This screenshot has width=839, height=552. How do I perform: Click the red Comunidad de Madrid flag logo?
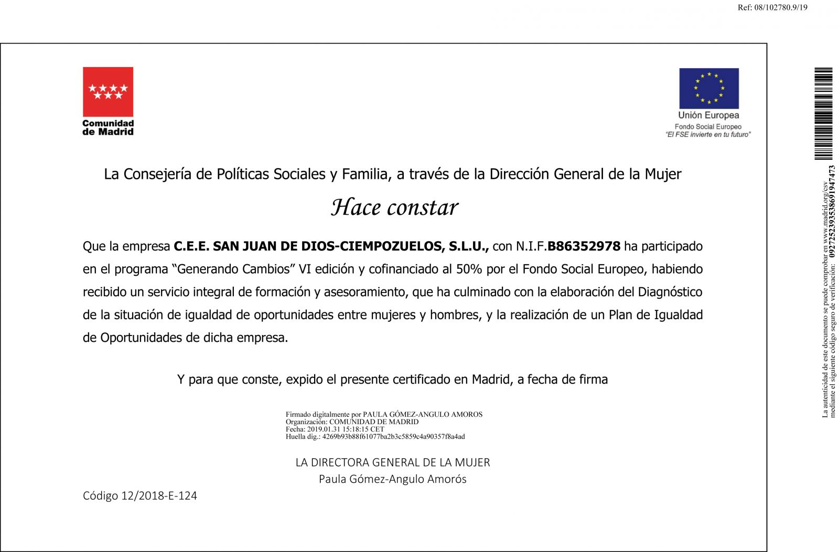coord(108,92)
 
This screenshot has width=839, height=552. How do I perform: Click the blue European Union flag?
coord(708,88)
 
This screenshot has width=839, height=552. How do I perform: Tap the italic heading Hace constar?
coord(394,208)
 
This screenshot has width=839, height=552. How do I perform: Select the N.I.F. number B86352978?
coord(584,246)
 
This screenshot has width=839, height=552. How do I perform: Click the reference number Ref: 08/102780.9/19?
coord(772,7)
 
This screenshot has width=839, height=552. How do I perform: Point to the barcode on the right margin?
coord(823,114)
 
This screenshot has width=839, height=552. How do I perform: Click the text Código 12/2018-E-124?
coord(140,496)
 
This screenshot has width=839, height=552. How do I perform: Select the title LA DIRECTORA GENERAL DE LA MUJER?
coord(393,462)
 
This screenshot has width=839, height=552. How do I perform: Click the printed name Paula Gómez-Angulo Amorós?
coord(393,479)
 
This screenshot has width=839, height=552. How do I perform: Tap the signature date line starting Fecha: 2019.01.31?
coord(335,429)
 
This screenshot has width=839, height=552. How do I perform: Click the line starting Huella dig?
coord(375,436)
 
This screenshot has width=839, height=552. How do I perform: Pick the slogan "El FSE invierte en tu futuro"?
coord(708,135)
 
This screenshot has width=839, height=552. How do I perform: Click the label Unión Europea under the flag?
coord(708,115)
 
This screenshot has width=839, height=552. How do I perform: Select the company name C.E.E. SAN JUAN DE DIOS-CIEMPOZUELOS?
coord(331,246)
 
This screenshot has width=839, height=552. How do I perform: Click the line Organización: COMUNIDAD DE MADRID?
coord(352,421)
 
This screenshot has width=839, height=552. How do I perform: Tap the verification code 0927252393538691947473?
coord(832,212)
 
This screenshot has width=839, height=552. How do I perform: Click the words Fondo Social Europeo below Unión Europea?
coord(708,126)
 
